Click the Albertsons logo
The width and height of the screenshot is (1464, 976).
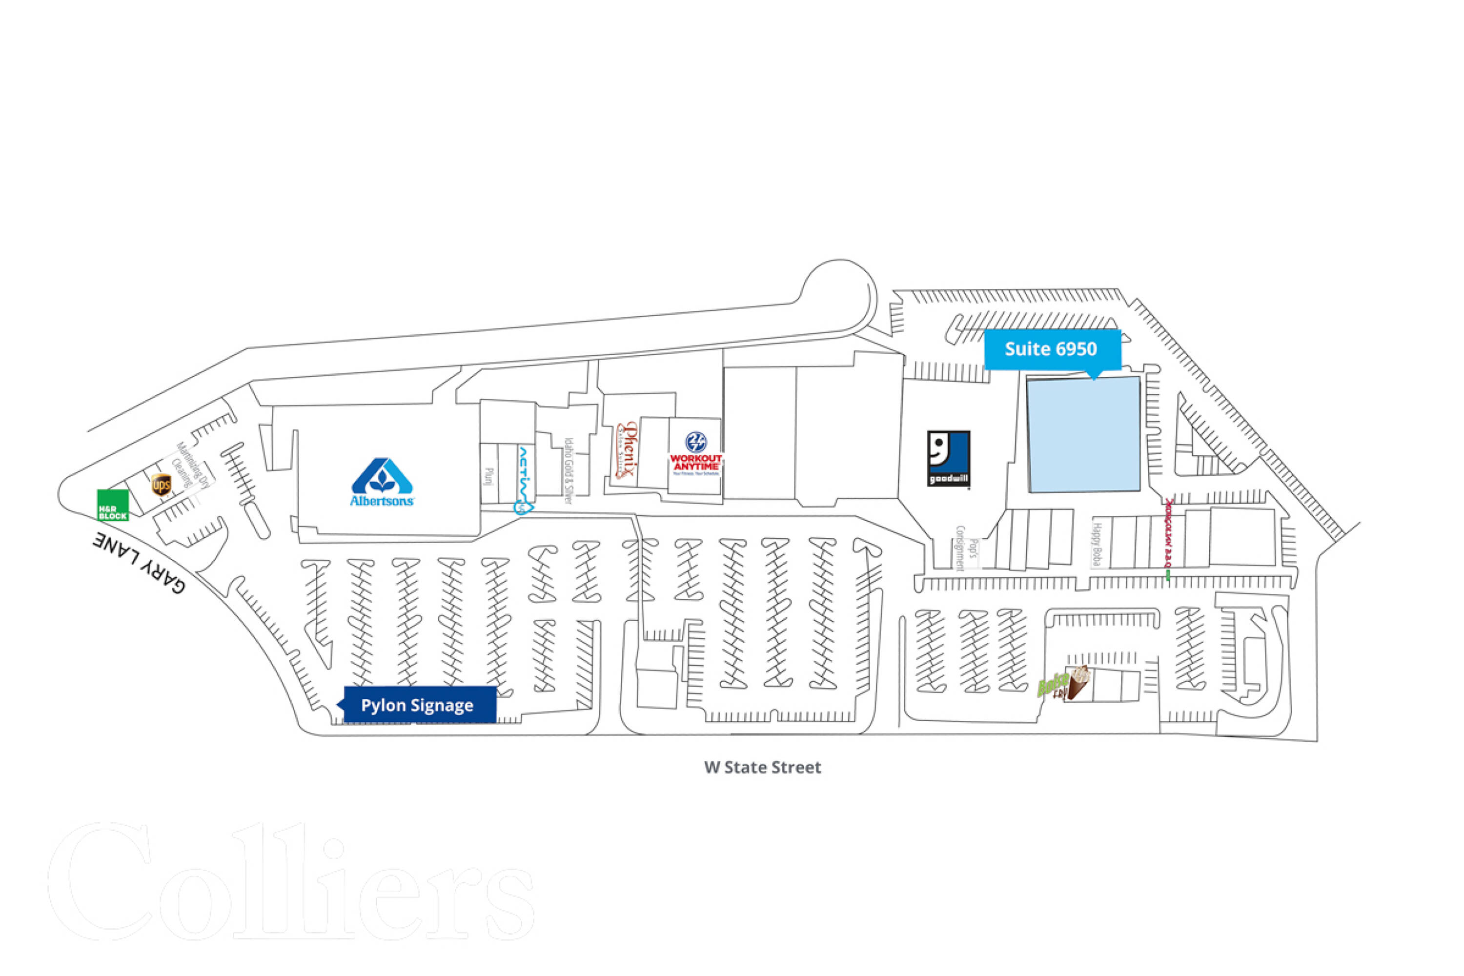pos(382,483)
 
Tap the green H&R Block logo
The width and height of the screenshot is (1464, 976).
pos(113,505)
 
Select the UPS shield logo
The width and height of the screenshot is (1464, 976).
pos(161,484)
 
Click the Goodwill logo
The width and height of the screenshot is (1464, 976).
pos(948,458)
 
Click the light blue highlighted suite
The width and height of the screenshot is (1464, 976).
pos(1083,434)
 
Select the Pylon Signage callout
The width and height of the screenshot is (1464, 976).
pos(418,705)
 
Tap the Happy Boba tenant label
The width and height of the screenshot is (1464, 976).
pos(1097,544)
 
